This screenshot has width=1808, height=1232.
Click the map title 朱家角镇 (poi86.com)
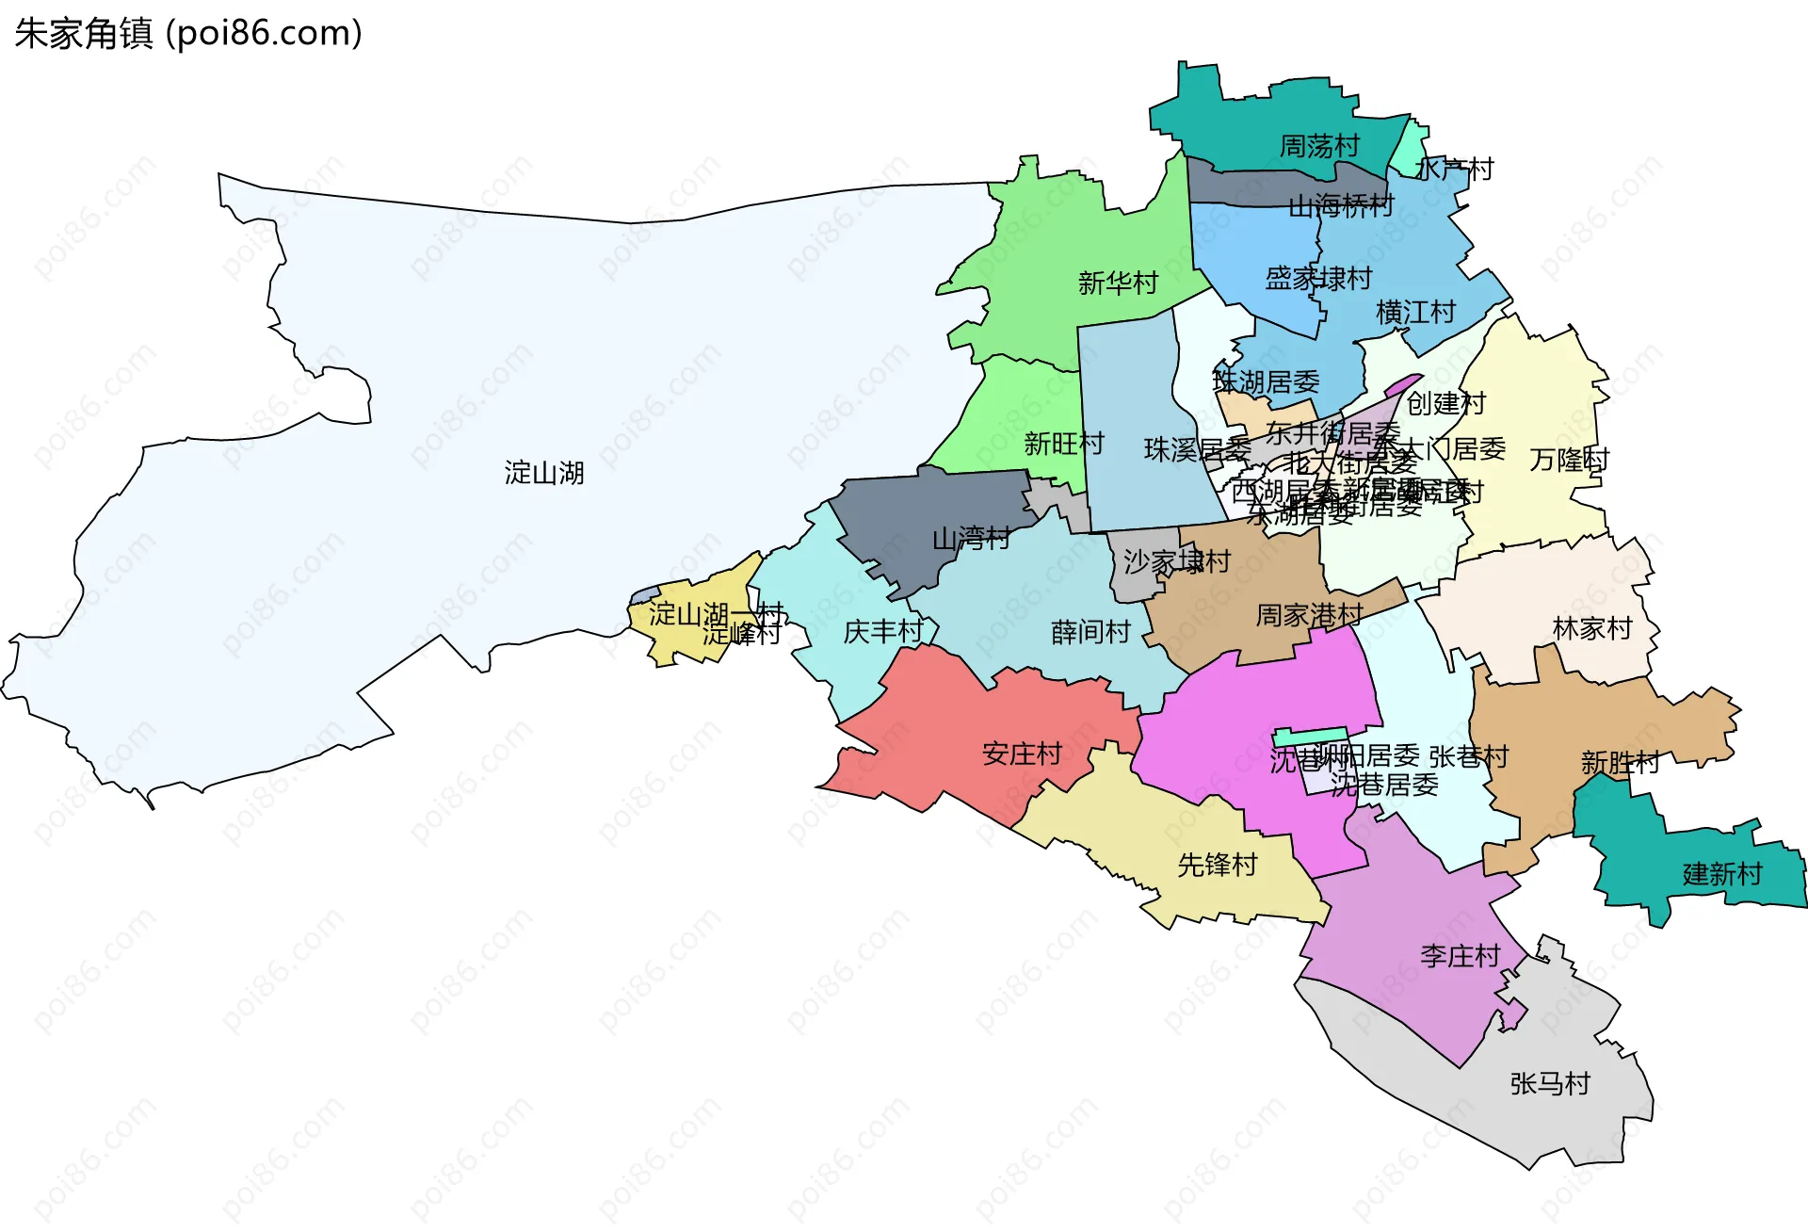[188, 34]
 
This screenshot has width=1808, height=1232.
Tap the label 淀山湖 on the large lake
[543, 472]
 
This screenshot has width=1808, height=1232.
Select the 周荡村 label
[1318, 146]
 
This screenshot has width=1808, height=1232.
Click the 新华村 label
[1118, 283]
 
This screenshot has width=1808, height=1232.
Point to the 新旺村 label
[1063, 443]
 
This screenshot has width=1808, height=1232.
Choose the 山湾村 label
[971, 539]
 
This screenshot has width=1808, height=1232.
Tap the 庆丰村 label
[882, 631]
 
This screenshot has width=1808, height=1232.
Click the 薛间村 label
[1090, 631]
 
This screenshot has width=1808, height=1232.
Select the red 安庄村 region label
[1022, 754]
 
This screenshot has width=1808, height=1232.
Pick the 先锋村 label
[1218, 864]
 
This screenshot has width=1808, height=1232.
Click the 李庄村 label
[1460, 956]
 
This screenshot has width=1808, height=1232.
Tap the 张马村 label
[1549, 1083]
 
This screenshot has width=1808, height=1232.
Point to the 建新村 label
[1721, 874]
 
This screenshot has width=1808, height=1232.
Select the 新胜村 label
[1620, 762]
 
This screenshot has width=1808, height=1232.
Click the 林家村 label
[1591, 628]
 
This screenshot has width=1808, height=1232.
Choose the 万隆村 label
[1569, 460]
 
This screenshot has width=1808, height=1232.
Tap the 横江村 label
[1415, 312]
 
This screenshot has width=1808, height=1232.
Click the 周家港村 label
[1309, 615]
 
